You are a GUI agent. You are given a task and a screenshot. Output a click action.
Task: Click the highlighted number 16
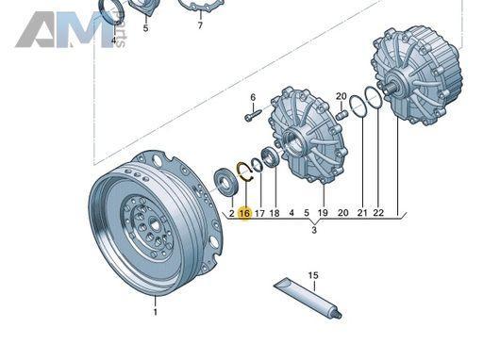tap(244, 213)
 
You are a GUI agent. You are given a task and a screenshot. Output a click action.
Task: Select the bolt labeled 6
tap(253, 114)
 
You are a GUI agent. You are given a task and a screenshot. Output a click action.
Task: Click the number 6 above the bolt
tap(253, 97)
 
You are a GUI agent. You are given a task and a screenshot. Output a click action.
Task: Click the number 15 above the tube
tap(313, 275)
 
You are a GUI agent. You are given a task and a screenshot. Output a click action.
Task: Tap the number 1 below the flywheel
tap(155, 312)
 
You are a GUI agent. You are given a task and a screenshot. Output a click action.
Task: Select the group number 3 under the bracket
tap(314, 230)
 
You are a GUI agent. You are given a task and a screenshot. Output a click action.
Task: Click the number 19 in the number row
tap(323, 213)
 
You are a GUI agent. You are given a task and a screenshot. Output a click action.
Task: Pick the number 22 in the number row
tap(378, 213)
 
